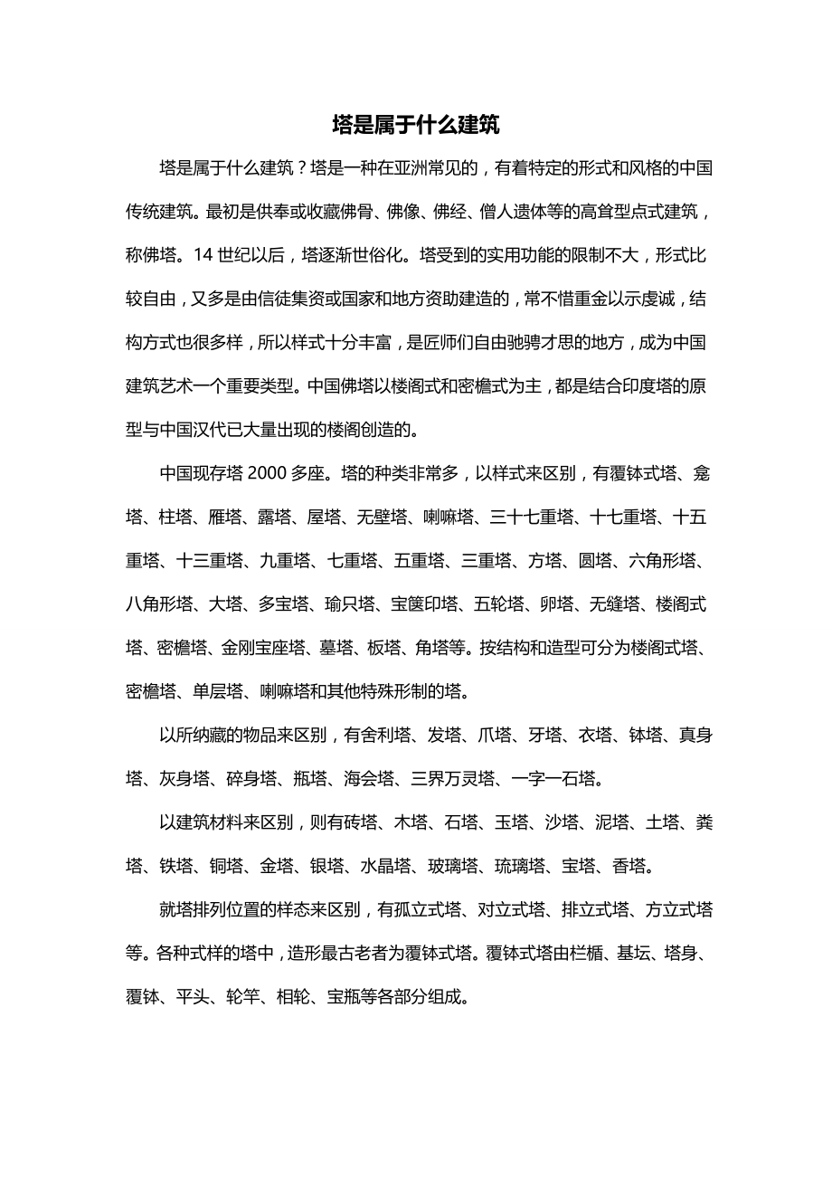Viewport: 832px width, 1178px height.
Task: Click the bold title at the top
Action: tap(415, 125)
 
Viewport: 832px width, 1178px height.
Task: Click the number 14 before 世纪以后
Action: tap(203, 256)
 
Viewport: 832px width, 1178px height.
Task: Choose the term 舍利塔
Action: tap(395, 736)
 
